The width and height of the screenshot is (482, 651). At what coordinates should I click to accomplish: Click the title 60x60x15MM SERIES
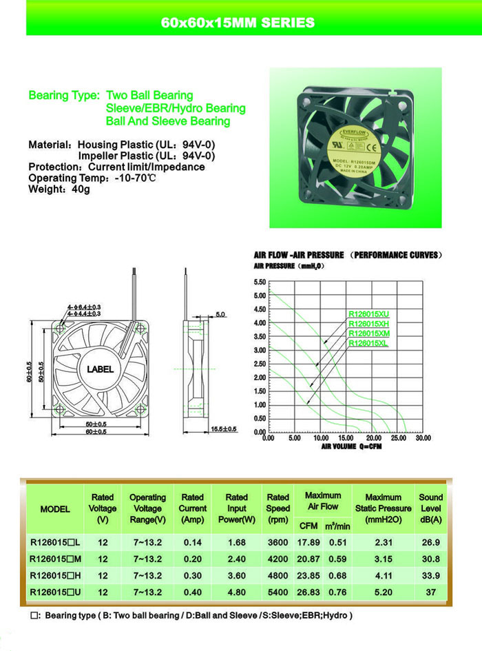point(238,23)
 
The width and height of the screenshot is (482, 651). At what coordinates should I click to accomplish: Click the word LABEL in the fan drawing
point(101,369)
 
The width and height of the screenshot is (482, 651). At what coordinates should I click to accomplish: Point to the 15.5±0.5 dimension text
point(223,429)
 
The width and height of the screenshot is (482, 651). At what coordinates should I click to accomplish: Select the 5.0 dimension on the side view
point(220,314)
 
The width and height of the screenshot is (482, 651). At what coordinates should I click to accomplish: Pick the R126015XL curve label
point(368,342)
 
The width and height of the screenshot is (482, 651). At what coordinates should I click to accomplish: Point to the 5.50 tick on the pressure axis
point(260,282)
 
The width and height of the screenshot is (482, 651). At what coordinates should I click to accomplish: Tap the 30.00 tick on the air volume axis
point(423,438)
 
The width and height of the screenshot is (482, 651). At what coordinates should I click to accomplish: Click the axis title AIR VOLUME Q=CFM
point(350,446)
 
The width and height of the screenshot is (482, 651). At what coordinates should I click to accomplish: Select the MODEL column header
point(55,509)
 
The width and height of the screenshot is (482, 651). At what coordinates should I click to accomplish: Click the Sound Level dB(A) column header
point(431,508)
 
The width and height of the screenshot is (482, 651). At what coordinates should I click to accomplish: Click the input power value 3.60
point(236,576)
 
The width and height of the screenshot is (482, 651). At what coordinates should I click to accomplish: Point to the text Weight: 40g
point(59,189)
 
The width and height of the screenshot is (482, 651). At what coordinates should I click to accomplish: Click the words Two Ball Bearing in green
point(149,96)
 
